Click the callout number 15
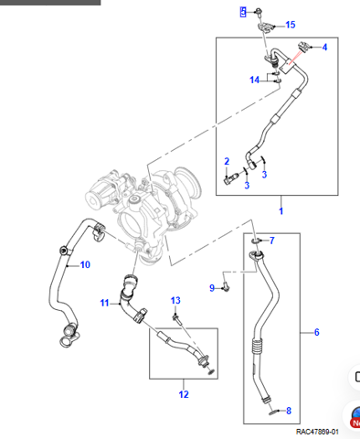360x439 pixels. pyautogui.click(x=291, y=25)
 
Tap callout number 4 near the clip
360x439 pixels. pyautogui.click(x=324, y=48)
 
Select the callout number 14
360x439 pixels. pyautogui.click(x=254, y=80)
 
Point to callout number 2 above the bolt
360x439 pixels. pyautogui.click(x=227, y=161)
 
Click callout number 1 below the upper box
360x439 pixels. pyautogui.click(x=281, y=210)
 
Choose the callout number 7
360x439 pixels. pyautogui.click(x=271, y=241)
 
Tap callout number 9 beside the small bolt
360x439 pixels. pyautogui.click(x=212, y=288)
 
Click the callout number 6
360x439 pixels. pyautogui.click(x=317, y=332)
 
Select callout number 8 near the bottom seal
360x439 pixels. pyautogui.click(x=289, y=411)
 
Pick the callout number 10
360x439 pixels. pyautogui.click(x=85, y=264)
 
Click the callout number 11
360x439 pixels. pyautogui.click(x=104, y=303)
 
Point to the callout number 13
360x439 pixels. pyautogui.click(x=175, y=301)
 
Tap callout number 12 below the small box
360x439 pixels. pyautogui.click(x=184, y=394)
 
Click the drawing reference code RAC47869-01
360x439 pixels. pyautogui.click(x=317, y=432)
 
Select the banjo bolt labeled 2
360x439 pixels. pyautogui.click(x=230, y=178)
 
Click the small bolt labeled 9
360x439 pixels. pyautogui.click(x=226, y=286)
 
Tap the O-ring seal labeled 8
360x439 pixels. pyautogui.click(x=274, y=412)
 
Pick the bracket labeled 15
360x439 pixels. pyautogui.click(x=265, y=27)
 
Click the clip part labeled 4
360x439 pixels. pyautogui.click(x=303, y=47)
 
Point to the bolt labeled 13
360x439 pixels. pyautogui.click(x=176, y=318)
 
